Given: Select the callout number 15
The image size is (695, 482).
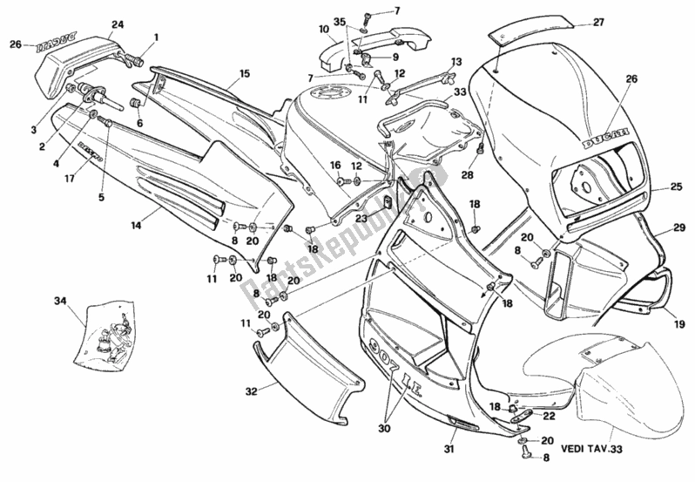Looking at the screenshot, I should tap(245, 74).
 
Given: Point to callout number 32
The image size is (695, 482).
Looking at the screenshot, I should tap(251, 393).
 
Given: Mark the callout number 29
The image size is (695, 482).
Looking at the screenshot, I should tap(679, 228).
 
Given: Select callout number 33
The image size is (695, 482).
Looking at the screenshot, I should tap(459, 90).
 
